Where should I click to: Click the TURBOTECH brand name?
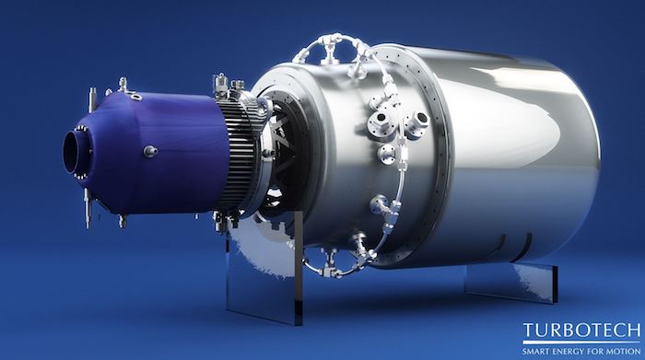[581, 331]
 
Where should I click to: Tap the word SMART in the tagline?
[534, 352]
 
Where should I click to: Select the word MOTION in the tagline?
[625, 352]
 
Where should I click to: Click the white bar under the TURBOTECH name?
[581, 343]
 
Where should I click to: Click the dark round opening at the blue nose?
[73, 153]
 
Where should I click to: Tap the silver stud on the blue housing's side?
[150, 151]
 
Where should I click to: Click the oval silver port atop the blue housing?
[136, 97]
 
